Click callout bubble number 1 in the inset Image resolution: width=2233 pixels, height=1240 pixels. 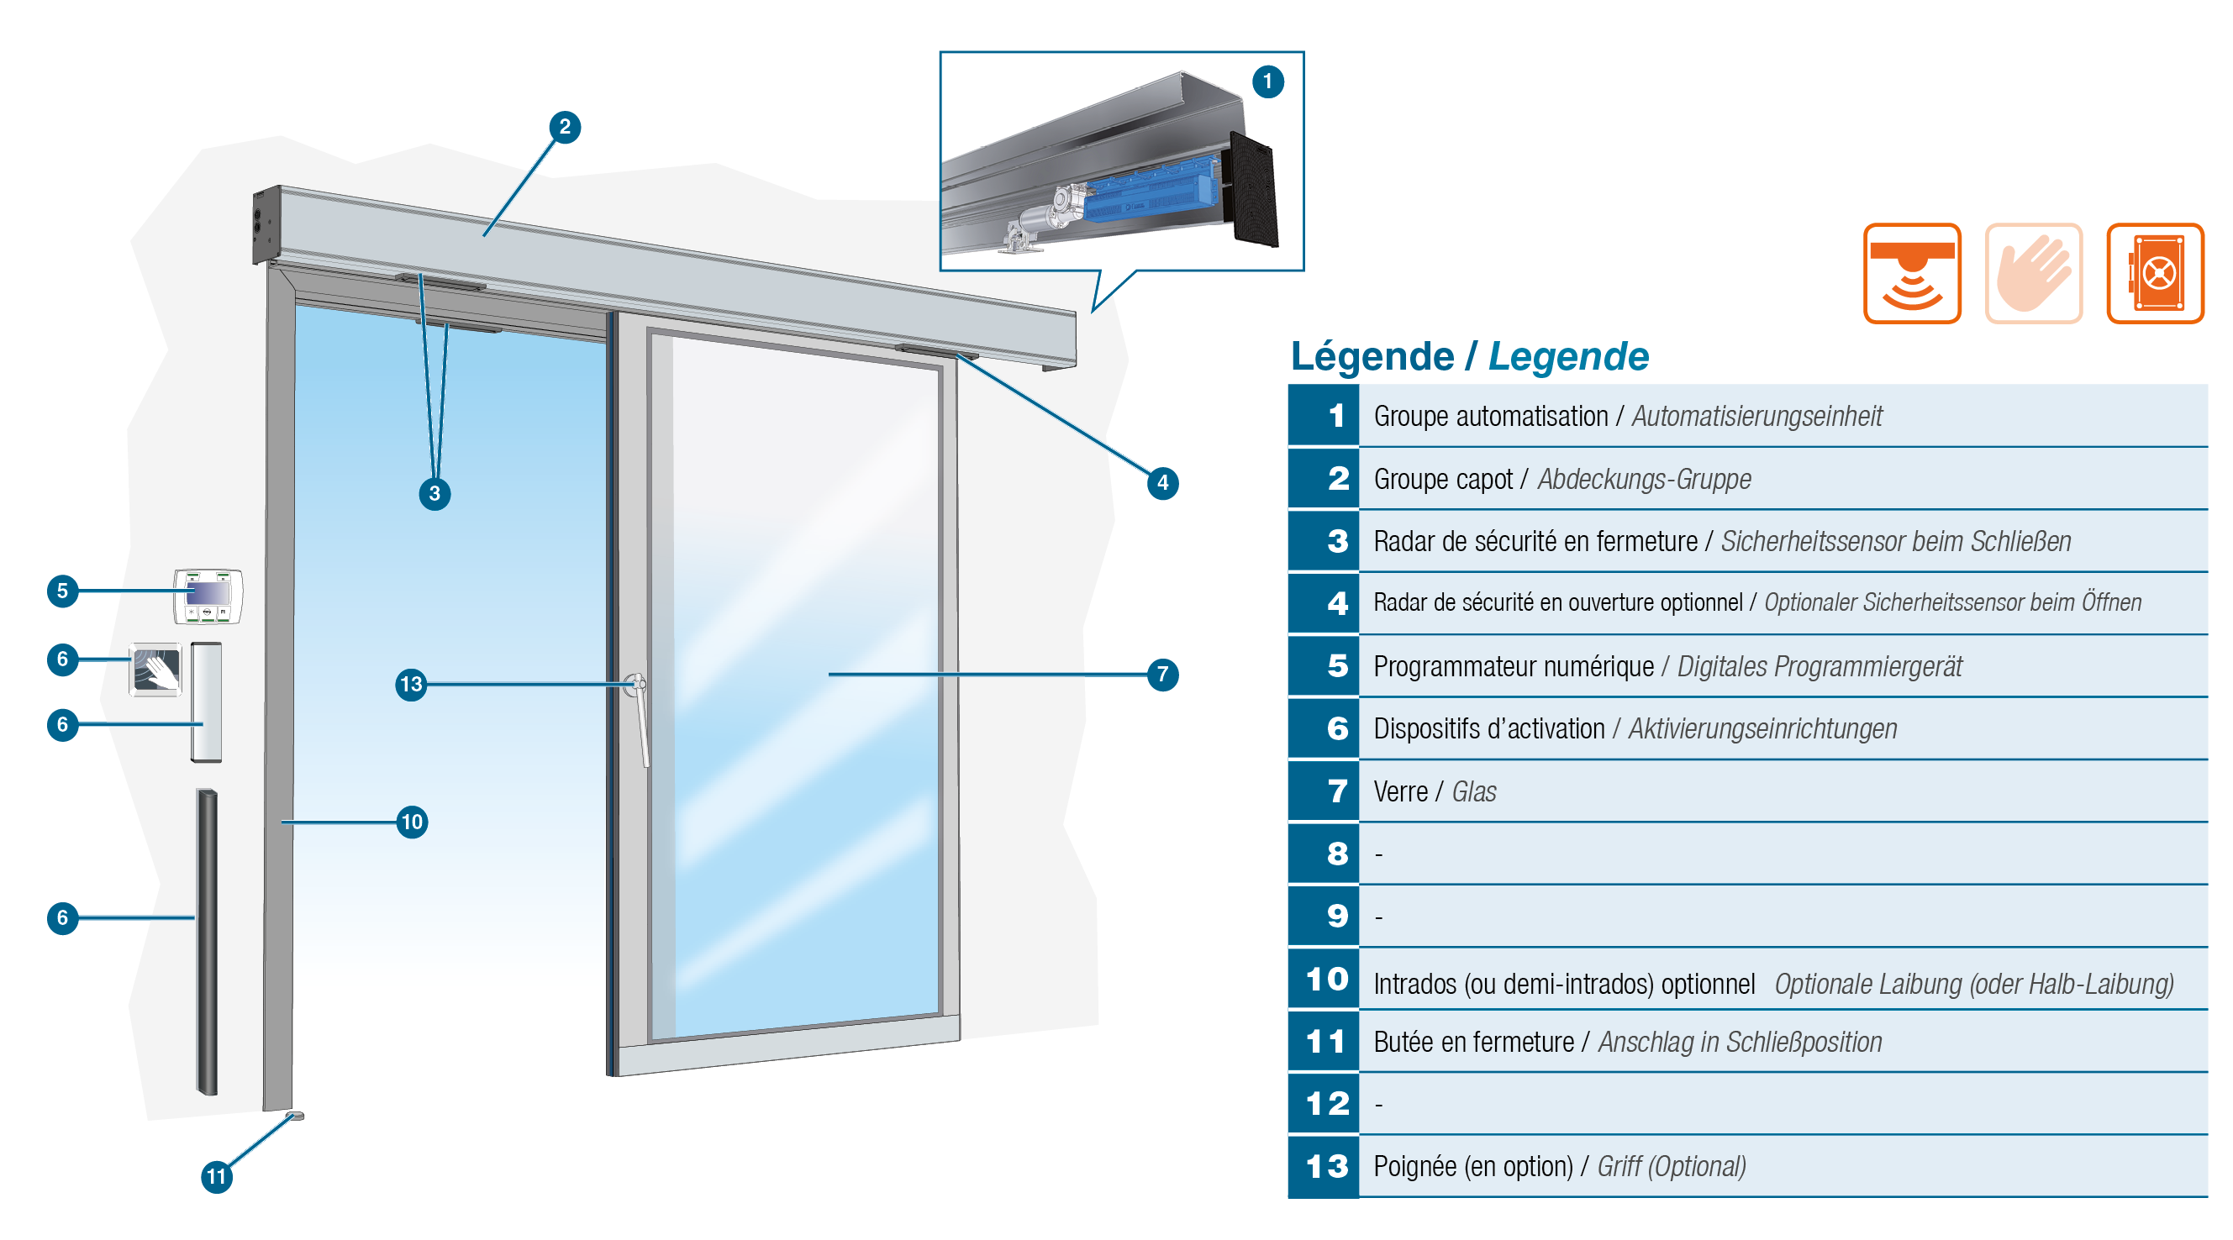tap(1267, 81)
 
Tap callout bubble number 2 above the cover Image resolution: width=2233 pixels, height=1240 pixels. tap(564, 128)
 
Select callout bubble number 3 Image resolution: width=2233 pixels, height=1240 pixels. tap(434, 494)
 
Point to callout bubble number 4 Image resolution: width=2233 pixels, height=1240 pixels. tap(1162, 483)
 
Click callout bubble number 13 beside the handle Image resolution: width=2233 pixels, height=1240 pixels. tap(411, 685)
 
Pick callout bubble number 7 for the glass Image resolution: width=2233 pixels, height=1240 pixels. tap(1162, 674)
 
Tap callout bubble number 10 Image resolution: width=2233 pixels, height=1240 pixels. tap(412, 822)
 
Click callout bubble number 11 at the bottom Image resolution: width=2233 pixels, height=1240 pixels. tap(217, 1176)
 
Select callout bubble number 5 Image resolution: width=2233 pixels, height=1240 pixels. tap(62, 591)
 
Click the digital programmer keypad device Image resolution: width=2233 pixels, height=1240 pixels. tap(208, 596)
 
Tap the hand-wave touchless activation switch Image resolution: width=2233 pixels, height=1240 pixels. tap(156, 670)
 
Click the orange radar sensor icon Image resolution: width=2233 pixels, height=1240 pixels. tap(1911, 273)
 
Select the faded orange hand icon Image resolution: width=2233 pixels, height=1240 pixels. tap(2033, 273)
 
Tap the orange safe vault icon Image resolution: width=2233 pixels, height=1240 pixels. tap(2155, 273)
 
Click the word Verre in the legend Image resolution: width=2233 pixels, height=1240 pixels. tap(1400, 792)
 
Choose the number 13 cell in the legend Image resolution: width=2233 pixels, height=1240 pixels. tap(1324, 1166)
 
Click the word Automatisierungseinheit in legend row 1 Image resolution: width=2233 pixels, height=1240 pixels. tap(1756, 417)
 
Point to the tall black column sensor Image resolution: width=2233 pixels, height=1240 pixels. tap(206, 942)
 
